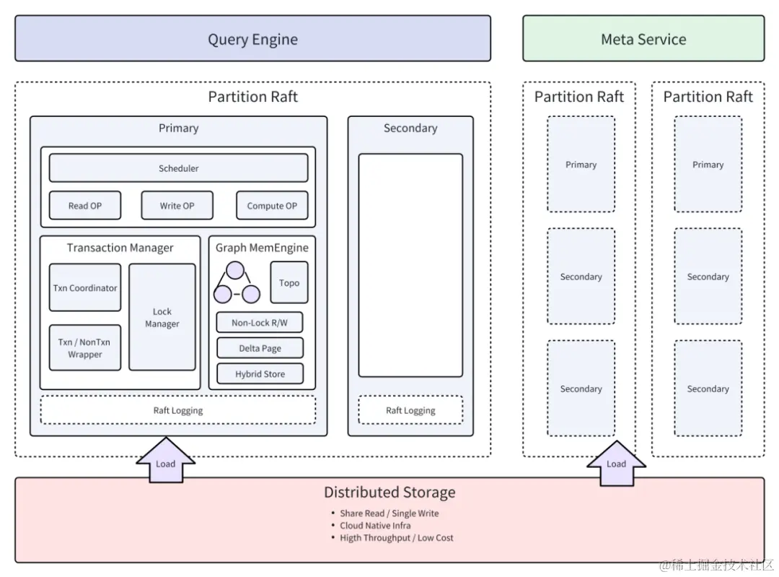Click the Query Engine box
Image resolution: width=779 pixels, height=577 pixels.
(252, 39)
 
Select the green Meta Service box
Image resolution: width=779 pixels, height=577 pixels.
(643, 39)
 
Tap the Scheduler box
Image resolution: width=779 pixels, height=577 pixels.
(178, 168)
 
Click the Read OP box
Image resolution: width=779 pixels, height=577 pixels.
(85, 206)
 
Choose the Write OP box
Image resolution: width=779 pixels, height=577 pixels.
(177, 206)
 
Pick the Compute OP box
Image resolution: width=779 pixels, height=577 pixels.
(272, 206)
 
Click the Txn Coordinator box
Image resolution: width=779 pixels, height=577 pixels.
(85, 287)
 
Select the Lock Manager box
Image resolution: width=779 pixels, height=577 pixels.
(162, 318)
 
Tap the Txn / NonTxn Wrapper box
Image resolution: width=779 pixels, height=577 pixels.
(85, 348)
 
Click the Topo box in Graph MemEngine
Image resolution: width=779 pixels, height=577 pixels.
(289, 282)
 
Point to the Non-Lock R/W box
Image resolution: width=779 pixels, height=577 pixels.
(260, 323)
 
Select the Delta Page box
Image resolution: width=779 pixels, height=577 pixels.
(260, 348)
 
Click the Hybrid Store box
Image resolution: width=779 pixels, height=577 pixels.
(260, 374)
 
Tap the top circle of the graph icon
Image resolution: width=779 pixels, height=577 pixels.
(236, 272)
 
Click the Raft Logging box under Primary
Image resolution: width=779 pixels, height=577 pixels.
(178, 410)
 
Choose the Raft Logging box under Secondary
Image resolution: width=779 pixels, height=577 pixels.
(410, 410)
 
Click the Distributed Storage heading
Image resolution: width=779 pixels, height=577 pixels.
(389, 493)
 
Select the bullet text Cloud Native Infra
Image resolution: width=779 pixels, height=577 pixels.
(375, 526)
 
